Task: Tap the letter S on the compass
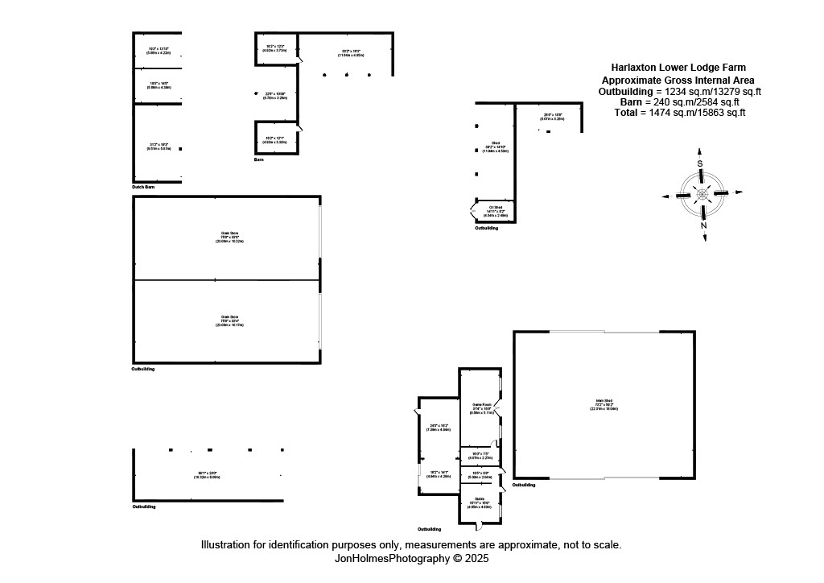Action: [700, 163]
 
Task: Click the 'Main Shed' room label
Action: [604, 402]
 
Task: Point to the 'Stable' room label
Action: [480, 498]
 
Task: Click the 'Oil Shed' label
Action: [495, 208]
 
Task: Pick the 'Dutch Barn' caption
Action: [143, 187]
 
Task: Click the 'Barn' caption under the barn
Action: [258, 159]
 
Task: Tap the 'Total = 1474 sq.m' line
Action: [680, 113]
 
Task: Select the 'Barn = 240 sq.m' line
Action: [680, 102]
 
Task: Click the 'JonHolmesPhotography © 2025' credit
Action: [411, 557]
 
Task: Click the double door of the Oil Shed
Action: [472, 213]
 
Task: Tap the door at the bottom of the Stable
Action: [479, 526]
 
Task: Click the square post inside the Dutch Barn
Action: [181, 149]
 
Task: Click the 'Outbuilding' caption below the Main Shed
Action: [524, 485]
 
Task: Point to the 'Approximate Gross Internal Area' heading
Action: [678, 80]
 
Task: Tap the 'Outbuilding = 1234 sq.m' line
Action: [680, 91]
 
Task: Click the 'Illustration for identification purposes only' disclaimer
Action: [411, 545]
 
